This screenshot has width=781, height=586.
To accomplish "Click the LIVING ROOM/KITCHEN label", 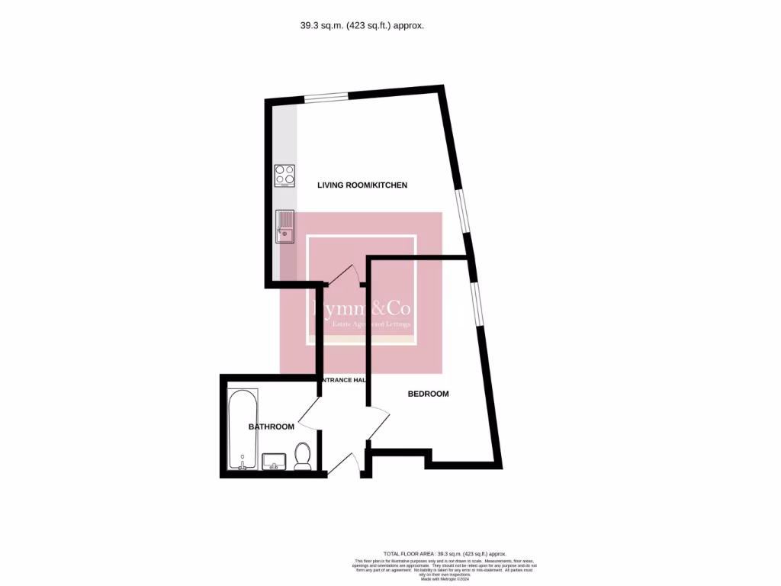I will pyautogui.click(x=362, y=185).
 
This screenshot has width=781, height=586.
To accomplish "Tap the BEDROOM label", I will pyautogui.click(x=428, y=394).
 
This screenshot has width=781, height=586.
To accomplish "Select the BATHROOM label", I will pyautogui.click(x=272, y=427).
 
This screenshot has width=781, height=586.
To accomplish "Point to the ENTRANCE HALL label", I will pyautogui.click(x=345, y=380).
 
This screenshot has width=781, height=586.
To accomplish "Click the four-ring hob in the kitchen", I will pyautogui.click(x=284, y=176).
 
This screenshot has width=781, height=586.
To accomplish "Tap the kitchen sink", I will pyautogui.click(x=285, y=226).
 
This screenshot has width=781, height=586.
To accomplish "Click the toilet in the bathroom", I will pyautogui.click(x=303, y=456).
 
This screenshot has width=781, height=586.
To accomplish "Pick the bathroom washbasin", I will pyautogui.click(x=274, y=462).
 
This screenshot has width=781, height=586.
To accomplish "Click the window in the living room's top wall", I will pyautogui.click(x=326, y=97).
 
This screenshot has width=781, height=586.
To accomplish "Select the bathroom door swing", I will pyautogui.click(x=310, y=418).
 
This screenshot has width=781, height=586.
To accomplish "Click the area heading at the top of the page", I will pyautogui.click(x=362, y=25).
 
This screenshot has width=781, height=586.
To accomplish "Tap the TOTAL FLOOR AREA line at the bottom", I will pyautogui.click(x=444, y=553).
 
